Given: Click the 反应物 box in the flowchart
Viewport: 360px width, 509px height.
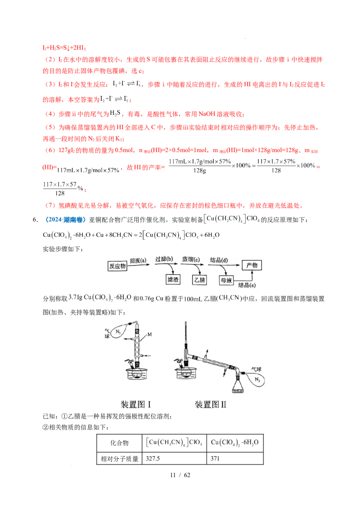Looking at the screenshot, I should click(x=118, y=266).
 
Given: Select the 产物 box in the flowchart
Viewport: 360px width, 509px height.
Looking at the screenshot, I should click(x=252, y=266).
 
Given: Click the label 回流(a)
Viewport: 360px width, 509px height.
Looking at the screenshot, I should click(x=138, y=260).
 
